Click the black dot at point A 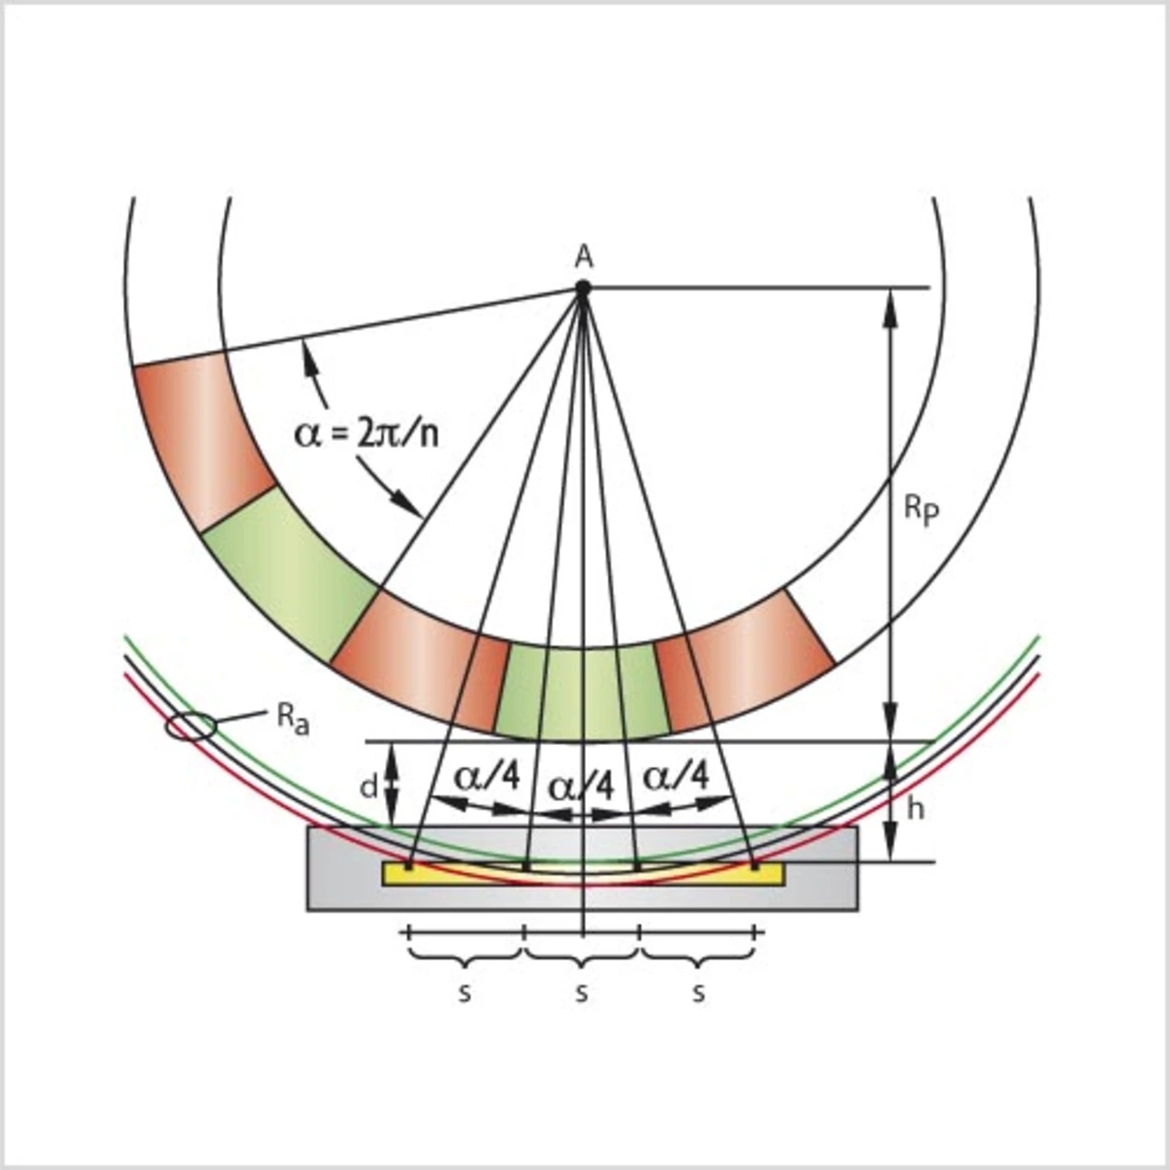click(x=583, y=288)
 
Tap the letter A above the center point click(x=583, y=258)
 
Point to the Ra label click(x=293, y=720)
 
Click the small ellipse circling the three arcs click(x=192, y=726)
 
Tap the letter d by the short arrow click(x=369, y=788)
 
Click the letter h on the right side click(x=916, y=809)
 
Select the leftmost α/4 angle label click(x=487, y=778)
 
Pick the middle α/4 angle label click(x=581, y=788)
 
